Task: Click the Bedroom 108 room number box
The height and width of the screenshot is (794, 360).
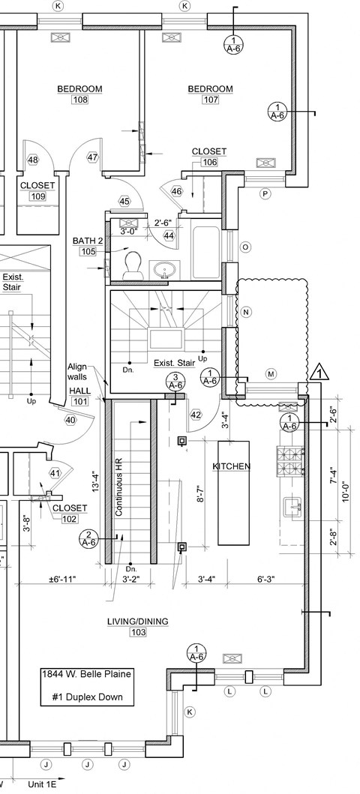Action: [80, 100]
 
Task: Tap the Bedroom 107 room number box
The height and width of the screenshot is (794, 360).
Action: [211, 100]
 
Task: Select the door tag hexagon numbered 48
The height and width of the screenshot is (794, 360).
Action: [33, 160]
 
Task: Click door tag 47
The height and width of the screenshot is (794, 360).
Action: [93, 157]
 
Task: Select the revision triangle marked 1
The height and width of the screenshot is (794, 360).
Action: [319, 372]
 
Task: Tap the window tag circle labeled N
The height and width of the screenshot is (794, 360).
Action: [246, 312]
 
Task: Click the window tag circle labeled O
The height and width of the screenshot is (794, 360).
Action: [245, 247]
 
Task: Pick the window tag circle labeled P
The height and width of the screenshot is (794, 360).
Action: [264, 193]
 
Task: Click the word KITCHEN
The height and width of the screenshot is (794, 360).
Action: [232, 466]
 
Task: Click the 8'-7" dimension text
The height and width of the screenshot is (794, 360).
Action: [200, 493]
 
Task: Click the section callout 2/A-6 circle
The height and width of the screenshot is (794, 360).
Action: [89, 538]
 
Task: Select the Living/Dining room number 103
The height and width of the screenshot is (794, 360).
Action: [138, 632]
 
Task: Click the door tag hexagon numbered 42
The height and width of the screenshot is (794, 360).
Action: [196, 415]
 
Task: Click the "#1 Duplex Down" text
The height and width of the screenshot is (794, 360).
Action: [88, 697]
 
